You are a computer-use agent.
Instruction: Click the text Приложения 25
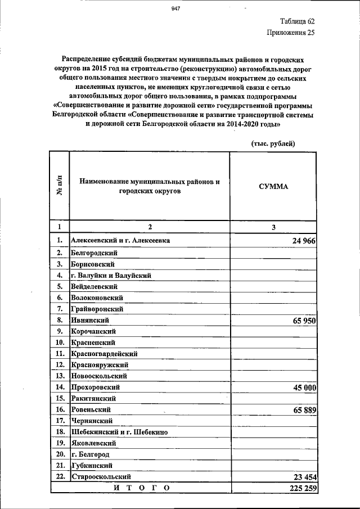click(x=290, y=33)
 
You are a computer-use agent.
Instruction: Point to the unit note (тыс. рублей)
click(x=273, y=144)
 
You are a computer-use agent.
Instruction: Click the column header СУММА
click(x=273, y=186)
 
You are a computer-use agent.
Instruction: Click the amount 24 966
click(x=304, y=241)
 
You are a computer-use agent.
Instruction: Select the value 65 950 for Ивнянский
click(x=304, y=321)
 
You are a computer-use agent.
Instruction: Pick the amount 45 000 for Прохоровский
click(x=304, y=388)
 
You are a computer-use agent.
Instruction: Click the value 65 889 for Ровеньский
click(x=304, y=411)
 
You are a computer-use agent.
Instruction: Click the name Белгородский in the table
click(x=93, y=253)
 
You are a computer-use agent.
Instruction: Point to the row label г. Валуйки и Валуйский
click(x=111, y=275)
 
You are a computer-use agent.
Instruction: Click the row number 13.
click(x=59, y=376)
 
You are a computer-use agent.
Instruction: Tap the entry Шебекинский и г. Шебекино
click(x=117, y=432)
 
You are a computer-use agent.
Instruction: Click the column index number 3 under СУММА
click(x=273, y=227)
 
